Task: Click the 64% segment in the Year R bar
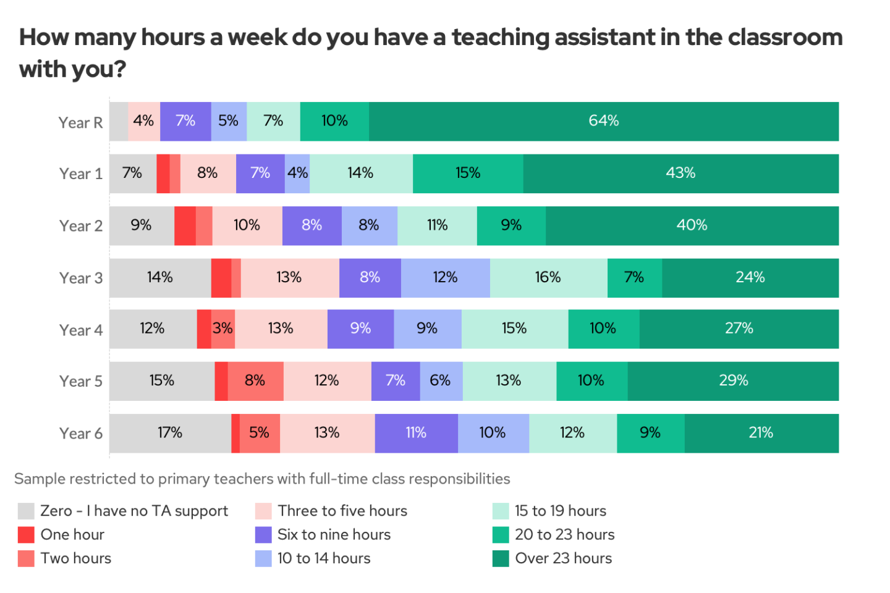pyautogui.click(x=603, y=121)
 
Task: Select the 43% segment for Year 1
pyautogui.click(x=680, y=174)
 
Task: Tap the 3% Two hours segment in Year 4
pyautogui.click(x=223, y=329)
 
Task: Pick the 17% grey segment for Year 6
pyautogui.click(x=170, y=433)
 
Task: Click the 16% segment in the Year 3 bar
pyautogui.click(x=548, y=277)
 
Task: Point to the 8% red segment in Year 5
pyautogui.click(x=255, y=381)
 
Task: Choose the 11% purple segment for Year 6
pyautogui.click(x=416, y=433)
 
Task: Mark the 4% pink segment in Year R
pyautogui.click(x=143, y=121)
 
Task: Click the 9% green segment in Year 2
pyautogui.click(x=511, y=225)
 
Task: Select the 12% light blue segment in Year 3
pyautogui.click(x=445, y=277)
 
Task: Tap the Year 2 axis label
pyautogui.click(x=81, y=226)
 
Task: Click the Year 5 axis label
pyautogui.click(x=81, y=381)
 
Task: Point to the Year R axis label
pyautogui.click(x=81, y=123)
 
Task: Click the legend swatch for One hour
pyautogui.click(x=26, y=535)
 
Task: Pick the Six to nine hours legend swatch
pyautogui.click(x=263, y=535)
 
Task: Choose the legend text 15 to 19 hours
pyautogui.click(x=560, y=511)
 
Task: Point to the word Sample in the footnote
pyautogui.click(x=39, y=479)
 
